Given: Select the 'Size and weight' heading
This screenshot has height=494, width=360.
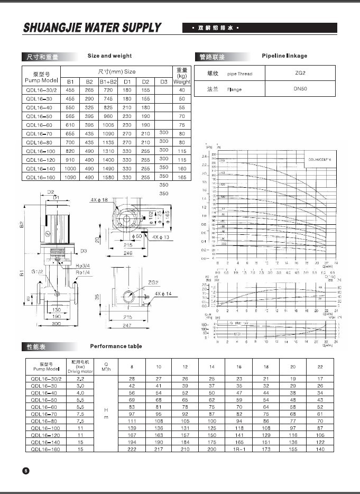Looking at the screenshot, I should pos(109,56).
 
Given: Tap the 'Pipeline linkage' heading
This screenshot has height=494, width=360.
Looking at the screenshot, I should pos(284,56).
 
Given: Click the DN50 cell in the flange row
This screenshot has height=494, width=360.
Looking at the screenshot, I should pos(301,89).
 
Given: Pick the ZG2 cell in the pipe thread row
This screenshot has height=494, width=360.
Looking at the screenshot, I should pos(300,74).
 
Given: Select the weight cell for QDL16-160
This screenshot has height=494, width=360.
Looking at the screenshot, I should pos(182,178).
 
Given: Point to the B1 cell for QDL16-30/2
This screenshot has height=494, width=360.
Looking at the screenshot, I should pos(70,90).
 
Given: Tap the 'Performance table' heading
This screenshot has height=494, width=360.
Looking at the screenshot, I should pos(116,346).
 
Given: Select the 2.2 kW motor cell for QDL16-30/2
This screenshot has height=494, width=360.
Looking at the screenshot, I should pos(81,379).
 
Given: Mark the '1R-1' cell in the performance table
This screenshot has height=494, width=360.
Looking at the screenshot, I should pos(238,449).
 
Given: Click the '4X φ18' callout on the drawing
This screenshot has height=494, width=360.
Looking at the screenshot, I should pos(98,199).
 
